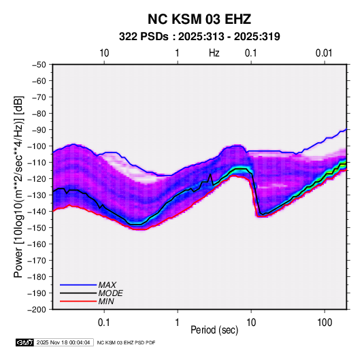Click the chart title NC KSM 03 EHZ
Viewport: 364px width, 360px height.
pos(199,19)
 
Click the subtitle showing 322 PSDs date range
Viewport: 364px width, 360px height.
pos(199,37)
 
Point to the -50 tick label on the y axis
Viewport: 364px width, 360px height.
pos(39,65)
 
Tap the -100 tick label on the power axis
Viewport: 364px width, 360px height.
pos(37,146)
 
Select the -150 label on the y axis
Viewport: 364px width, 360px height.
pos(37,227)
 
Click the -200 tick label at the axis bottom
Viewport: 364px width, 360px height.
pos(37,310)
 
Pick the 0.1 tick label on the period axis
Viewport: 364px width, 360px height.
pos(104,323)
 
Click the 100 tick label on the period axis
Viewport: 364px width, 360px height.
pos(325,323)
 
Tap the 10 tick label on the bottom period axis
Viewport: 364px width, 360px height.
pos(251,323)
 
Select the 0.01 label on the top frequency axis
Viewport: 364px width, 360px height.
pos(324,53)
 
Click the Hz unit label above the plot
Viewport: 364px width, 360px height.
pos(214,53)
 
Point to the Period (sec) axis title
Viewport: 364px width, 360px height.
pos(214,330)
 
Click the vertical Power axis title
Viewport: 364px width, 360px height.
pos(18,186)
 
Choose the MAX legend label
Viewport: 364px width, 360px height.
pos(107,285)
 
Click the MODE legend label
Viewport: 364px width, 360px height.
pos(110,293)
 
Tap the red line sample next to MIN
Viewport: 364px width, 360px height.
pos(78,301)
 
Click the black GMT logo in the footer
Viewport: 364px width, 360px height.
pos(25,342)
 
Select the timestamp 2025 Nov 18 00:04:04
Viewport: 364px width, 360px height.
pos(63,342)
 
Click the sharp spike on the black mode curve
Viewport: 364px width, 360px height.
pos(210,174)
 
